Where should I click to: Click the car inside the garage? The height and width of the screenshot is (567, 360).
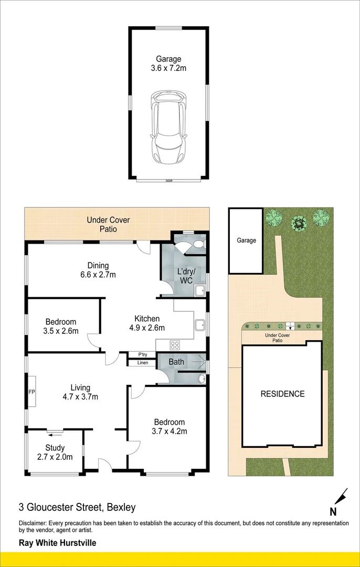click(x=169, y=128)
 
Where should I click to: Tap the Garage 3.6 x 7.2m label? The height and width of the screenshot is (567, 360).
click(x=168, y=64)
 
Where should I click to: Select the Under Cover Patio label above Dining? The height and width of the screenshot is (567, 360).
click(x=108, y=224)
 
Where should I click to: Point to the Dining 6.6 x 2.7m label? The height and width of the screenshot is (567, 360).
click(x=98, y=270)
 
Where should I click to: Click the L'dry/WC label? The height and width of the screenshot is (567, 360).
click(x=184, y=276)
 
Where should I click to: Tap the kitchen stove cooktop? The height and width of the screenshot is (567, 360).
click(x=175, y=344)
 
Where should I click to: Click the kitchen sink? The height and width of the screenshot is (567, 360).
click(x=200, y=325)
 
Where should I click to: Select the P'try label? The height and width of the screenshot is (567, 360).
click(x=142, y=355)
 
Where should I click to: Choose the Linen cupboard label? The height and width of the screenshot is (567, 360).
click(x=142, y=363)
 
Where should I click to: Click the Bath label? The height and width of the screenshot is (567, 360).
click(x=176, y=362)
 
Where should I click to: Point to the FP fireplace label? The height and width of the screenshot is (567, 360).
click(x=31, y=392)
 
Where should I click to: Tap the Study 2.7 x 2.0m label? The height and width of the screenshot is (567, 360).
click(x=55, y=453)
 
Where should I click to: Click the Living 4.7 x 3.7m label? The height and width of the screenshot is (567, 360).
click(x=80, y=392)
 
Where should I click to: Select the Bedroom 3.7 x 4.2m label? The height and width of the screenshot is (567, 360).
click(x=169, y=426)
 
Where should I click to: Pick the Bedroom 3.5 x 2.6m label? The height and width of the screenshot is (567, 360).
click(x=61, y=326)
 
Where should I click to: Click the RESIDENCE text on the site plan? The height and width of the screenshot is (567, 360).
click(x=283, y=394)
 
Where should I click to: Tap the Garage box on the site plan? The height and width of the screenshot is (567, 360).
click(x=246, y=240)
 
